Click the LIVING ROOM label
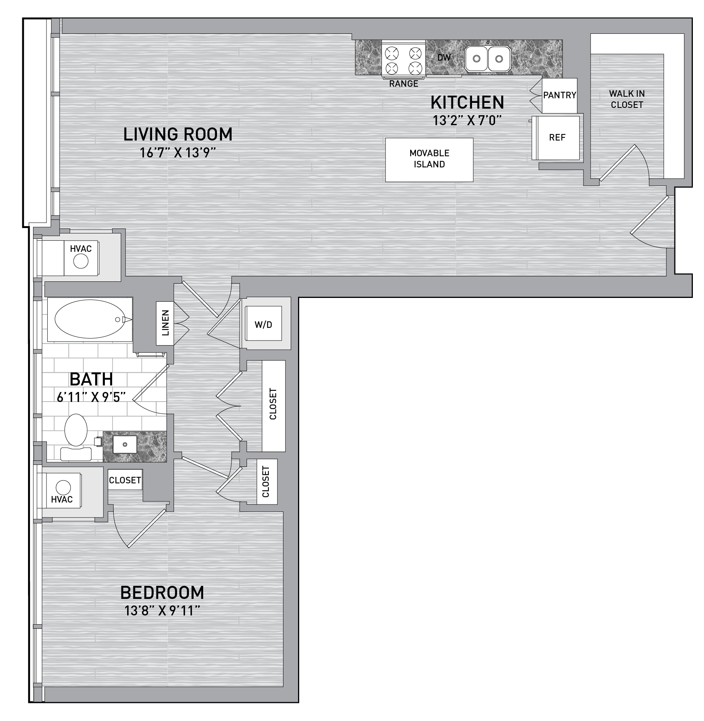click(x=178, y=134)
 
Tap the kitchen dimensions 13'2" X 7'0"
click(x=467, y=121)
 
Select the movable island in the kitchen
click(x=429, y=160)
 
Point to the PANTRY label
click(x=560, y=95)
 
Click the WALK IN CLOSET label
click(x=627, y=99)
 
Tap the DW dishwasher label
click(x=444, y=58)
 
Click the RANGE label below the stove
click(x=403, y=84)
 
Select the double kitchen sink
click(x=488, y=59)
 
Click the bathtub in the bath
click(x=90, y=319)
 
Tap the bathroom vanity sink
click(x=125, y=445)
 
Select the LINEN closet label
click(x=166, y=323)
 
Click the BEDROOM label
click(x=162, y=593)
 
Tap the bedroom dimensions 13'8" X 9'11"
click(x=162, y=610)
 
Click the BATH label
click(x=91, y=379)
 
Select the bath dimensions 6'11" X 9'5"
click(x=91, y=397)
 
